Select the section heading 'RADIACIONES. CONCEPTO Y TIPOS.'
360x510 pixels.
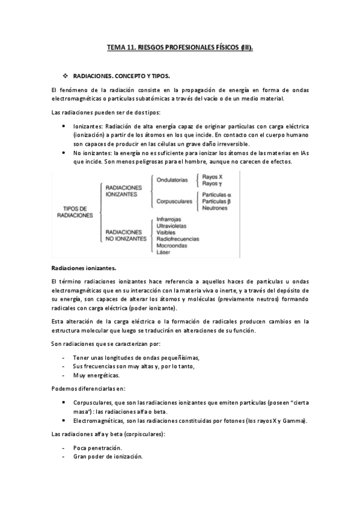121,76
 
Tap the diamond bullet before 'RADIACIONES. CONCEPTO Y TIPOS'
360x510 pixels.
66,76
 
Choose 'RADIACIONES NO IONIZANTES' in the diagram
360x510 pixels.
126,235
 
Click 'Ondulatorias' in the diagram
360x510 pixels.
172,180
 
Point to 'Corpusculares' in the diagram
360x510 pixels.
174,201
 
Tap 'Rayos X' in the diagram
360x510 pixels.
212,177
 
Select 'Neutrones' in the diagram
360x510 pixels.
215,208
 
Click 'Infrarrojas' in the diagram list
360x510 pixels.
169,220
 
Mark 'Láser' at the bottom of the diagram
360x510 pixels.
163,252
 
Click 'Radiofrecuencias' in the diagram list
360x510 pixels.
177,239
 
